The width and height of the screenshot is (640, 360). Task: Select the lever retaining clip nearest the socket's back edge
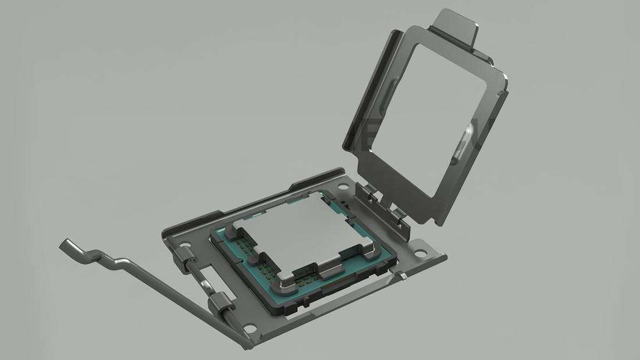185,255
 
